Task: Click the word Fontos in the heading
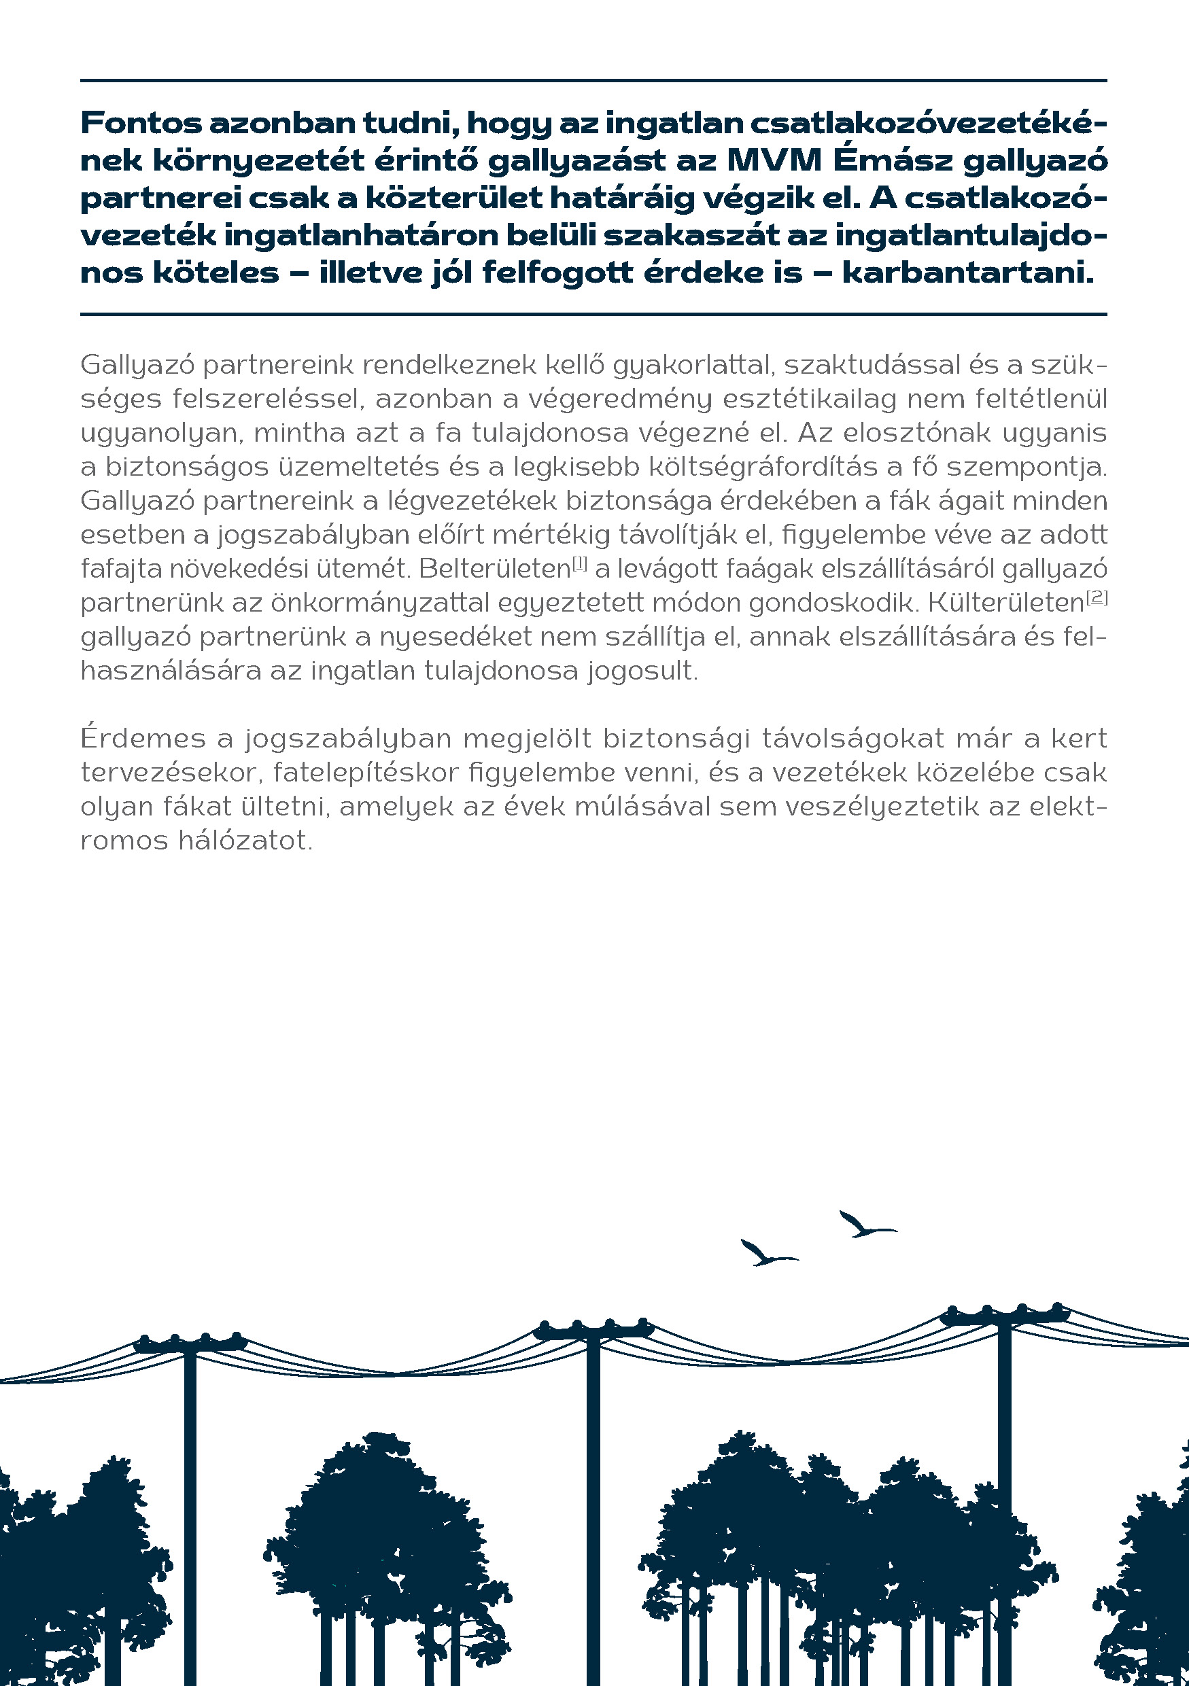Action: (140, 124)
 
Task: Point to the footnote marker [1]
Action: (579, 564)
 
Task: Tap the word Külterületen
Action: (1006, 603)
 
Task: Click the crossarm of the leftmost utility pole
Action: (190, 1346)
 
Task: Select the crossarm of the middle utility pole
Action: (593, 1331)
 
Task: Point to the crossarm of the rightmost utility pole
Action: (1004, 1318)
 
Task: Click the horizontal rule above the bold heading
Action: (593, 80)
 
